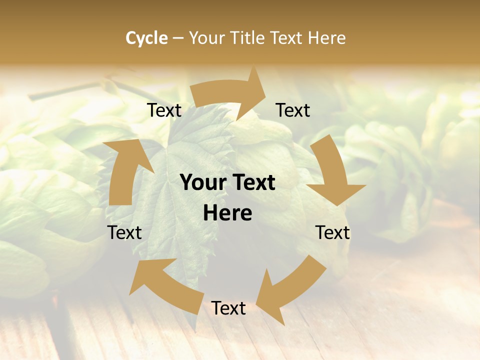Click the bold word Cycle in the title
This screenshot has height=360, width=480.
(x=146, y=38)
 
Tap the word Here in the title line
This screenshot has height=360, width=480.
(x=327, y=38)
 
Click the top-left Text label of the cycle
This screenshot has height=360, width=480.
(x=164, y=110)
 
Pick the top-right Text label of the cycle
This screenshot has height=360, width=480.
(x=293, y=110)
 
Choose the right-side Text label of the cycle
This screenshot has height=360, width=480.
(x=332, y=232)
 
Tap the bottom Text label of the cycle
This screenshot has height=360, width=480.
(x=228, y=308)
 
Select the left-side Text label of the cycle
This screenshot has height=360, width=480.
(x=124, y=232)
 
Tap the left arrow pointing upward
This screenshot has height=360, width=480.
(x=122, y=172)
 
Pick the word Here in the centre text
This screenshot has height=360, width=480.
(x=227, y=213)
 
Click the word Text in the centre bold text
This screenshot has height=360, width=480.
(x=252, y=183)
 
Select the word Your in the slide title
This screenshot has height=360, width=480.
(x=207, y=38)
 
